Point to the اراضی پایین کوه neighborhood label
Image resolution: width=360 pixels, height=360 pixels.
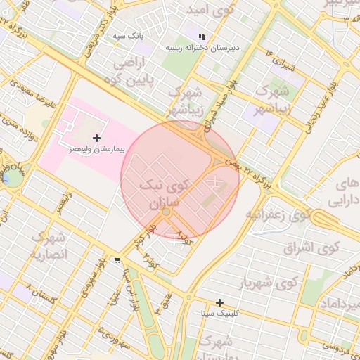139,70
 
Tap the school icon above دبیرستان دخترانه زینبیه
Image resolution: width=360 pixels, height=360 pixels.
202,37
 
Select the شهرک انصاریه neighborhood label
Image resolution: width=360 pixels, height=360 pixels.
49,245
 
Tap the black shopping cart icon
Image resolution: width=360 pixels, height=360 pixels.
116,259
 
